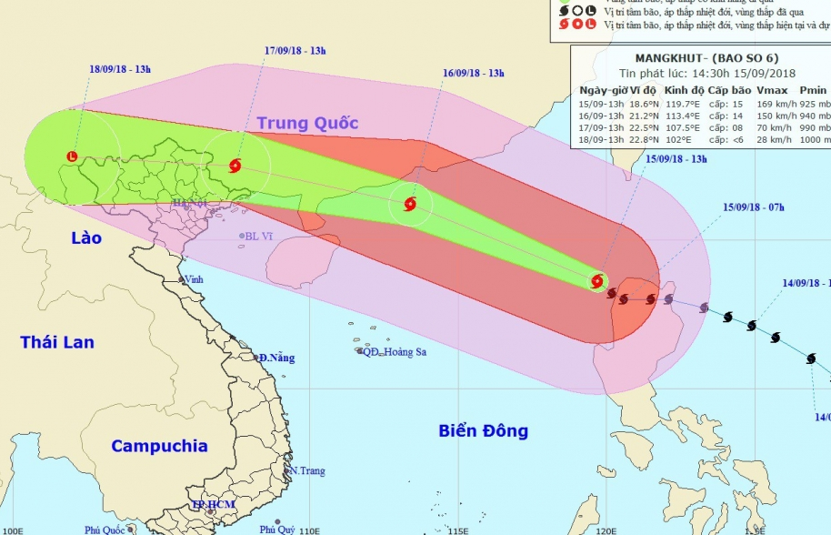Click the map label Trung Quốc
point(307,123)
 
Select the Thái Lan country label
point(57,342)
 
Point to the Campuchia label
point(159,446)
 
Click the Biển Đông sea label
point(483,430)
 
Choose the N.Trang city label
point(307,471)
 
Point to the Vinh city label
point(194,279)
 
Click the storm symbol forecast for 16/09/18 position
point(409,204)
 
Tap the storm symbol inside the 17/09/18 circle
point(235,166)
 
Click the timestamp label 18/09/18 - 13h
point(120,70)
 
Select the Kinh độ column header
point(683,91)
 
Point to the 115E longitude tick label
point(459,530)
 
